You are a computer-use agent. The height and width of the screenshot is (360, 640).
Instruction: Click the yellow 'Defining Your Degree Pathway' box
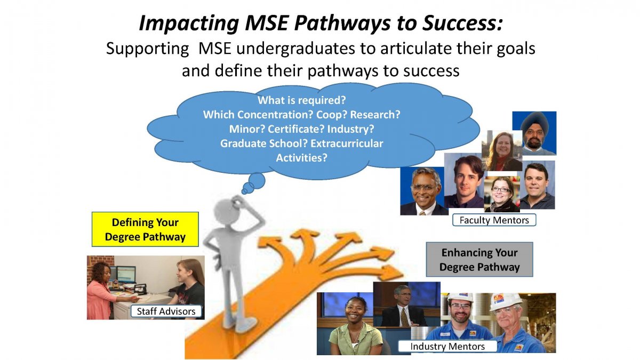[145, 229]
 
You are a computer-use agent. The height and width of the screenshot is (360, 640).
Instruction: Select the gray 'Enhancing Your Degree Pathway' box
[479, 259]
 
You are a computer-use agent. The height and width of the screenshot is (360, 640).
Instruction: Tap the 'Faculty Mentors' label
[494, 220]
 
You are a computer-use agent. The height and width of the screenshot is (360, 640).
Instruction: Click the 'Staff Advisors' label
[166, 311]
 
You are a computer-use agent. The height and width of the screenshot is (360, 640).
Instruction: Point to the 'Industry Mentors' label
[447, 346]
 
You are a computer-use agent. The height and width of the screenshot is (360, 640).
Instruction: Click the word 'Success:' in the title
[462, 23]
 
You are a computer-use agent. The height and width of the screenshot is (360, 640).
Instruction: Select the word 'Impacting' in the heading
[189, 23]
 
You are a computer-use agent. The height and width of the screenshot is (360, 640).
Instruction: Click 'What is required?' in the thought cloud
[302, 100]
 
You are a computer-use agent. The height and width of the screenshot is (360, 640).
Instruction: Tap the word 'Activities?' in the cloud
[301, 158]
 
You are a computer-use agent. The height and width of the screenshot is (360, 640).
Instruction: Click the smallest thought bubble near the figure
[245, 191]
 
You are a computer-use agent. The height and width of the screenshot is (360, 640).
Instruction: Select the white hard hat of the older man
[505, 302]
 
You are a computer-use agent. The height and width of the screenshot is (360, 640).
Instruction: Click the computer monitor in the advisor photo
[126, 275]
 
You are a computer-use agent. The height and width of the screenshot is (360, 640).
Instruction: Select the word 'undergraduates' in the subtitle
[295, 49]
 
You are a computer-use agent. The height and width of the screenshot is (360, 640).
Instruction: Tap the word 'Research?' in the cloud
[375, 115]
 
